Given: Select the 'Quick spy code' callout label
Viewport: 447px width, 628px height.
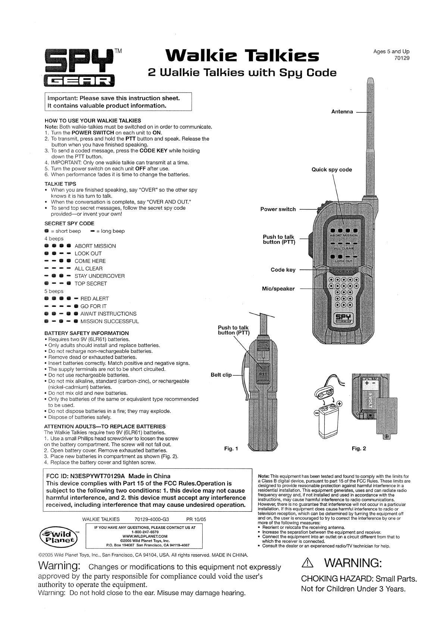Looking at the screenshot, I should (332, 170).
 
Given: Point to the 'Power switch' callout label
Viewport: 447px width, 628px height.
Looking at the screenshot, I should (278, 209).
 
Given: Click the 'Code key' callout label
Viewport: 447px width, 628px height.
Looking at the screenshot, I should (283, 270).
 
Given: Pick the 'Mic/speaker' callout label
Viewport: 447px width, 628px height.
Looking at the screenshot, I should (278, 289).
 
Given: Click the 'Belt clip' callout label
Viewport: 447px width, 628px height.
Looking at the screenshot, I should (221, 375).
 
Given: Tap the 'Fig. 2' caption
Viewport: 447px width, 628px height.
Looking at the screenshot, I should (359, 448).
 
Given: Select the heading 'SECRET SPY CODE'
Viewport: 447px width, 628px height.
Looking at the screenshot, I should (69, 223).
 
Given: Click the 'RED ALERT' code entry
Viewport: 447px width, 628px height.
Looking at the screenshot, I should (95, 299).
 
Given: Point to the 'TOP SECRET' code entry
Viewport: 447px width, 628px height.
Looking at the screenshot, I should (91, 283).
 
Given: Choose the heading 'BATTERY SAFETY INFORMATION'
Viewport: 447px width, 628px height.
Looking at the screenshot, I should (87, 333).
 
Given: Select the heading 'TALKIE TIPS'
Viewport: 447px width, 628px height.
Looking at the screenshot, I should (60, 184).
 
